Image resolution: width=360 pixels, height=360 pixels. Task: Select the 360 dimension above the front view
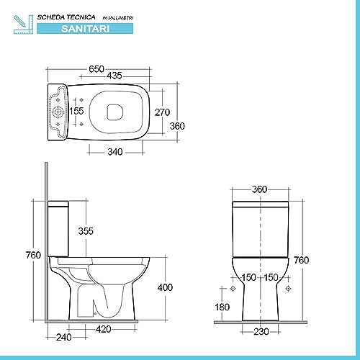[260, 189]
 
